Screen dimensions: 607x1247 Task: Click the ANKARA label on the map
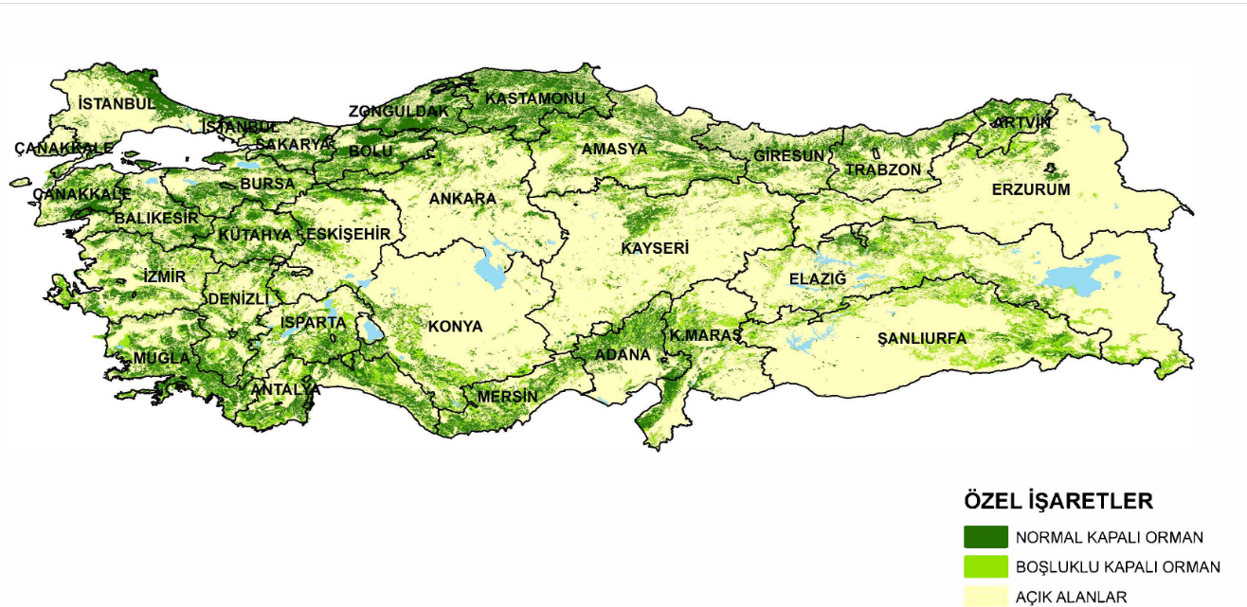click(462, 199)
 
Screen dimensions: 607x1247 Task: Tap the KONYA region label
click(455, 327)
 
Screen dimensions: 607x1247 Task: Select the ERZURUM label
click(1031, 189)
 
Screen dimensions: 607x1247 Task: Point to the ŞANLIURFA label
click(921, 338)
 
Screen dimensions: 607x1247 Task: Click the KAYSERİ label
click(654, 248)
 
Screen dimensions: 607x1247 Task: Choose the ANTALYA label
click(285, 389)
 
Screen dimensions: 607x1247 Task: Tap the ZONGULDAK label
click(398, 111)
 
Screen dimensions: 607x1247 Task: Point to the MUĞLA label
click(161, 358)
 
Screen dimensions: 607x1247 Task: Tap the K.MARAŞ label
click(705, 335)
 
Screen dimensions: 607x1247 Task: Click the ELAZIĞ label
click(817, 278)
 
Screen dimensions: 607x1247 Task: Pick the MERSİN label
click(508, 396)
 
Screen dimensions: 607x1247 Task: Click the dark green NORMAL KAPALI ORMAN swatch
click(985, 537)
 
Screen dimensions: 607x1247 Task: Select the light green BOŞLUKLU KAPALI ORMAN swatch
click(985, 567)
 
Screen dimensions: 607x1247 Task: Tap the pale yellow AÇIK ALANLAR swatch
click(985, 596)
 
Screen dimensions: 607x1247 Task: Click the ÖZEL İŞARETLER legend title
click(1057, 501)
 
